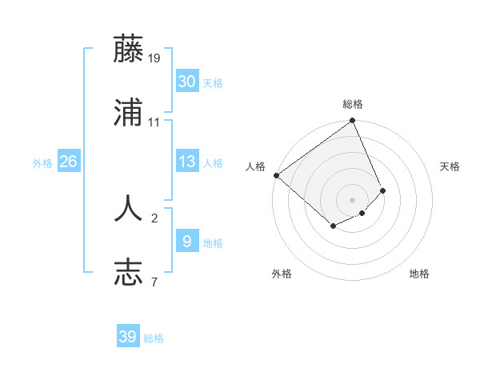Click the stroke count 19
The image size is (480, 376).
tap(154, 58)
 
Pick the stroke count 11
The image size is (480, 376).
tap(154, 122)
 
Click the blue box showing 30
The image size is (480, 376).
tap(186, 82)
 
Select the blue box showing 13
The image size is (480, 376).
tap(186, 162)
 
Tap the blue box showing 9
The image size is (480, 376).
tap(186, 242)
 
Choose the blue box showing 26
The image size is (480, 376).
tap(68, 162)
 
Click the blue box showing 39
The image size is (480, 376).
tap(127, 337)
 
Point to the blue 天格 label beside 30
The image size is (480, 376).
tap(213, 83)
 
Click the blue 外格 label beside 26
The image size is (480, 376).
tap(42, 163)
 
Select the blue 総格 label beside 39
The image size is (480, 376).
tap(154, 338)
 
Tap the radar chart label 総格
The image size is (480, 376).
tap(353, 104)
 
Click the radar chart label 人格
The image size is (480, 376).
tap(255, 166)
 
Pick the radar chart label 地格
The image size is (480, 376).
tap(419, 274)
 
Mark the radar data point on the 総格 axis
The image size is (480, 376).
tap(353, 122)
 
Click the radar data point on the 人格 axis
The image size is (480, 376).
tap(276, 175)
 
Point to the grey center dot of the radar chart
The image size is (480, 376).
tap(353, 199)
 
